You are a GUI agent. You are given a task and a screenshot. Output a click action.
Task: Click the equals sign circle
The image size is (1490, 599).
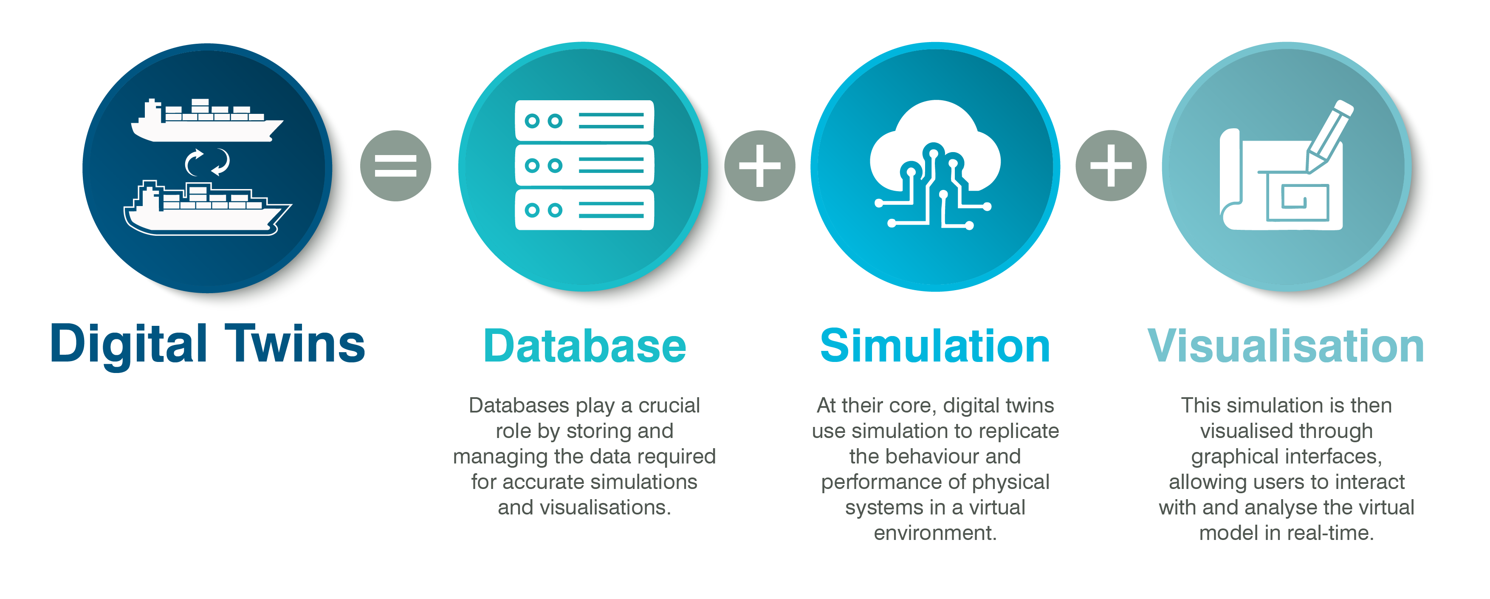(395, 166)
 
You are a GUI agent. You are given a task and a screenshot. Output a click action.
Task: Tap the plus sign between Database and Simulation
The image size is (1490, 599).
(759, 166)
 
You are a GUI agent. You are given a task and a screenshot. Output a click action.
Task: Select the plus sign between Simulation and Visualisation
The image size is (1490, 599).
(1111, 166)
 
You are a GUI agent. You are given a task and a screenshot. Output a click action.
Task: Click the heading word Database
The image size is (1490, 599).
(584, 346)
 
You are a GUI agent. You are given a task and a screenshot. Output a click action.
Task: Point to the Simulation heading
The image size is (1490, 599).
(935, 346)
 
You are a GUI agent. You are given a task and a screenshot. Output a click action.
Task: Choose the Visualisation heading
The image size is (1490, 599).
(1285, 346)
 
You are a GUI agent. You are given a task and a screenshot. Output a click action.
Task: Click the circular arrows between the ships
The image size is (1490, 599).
(207, 162)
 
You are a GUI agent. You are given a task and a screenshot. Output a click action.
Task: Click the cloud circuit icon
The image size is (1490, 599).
(935, 165)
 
